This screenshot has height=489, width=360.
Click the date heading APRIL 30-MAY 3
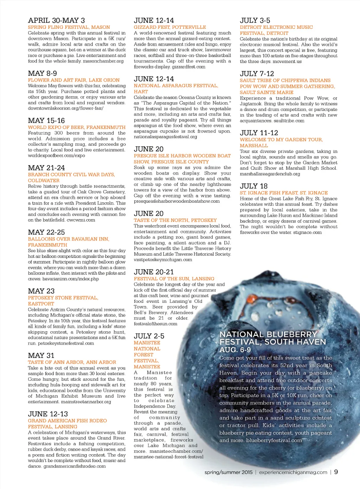click(56, 20)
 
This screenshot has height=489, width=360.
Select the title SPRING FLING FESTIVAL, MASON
click(69, 27)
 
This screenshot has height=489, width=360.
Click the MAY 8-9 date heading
click(42, 73)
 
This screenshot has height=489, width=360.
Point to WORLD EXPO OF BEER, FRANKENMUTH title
click(77, 127)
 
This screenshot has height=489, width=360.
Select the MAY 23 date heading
click(41, 291)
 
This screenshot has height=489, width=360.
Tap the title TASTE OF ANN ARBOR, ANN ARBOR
click(72, 362)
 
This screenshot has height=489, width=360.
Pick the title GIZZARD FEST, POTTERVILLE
click(170, 27)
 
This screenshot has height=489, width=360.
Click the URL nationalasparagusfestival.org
click(165, 137)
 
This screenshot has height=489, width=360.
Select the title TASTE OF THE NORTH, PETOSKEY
click(175, 220)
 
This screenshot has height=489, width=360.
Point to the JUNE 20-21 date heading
click(154, 272)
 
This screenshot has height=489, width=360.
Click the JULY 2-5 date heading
click(149, 336)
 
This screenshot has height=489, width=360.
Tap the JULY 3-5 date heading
click(255, 20)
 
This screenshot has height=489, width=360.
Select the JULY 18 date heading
click(253, 186)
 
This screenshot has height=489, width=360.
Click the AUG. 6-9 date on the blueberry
click(235, 350)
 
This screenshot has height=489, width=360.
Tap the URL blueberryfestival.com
click(274, 441)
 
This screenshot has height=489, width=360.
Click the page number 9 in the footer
click(336, 472)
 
